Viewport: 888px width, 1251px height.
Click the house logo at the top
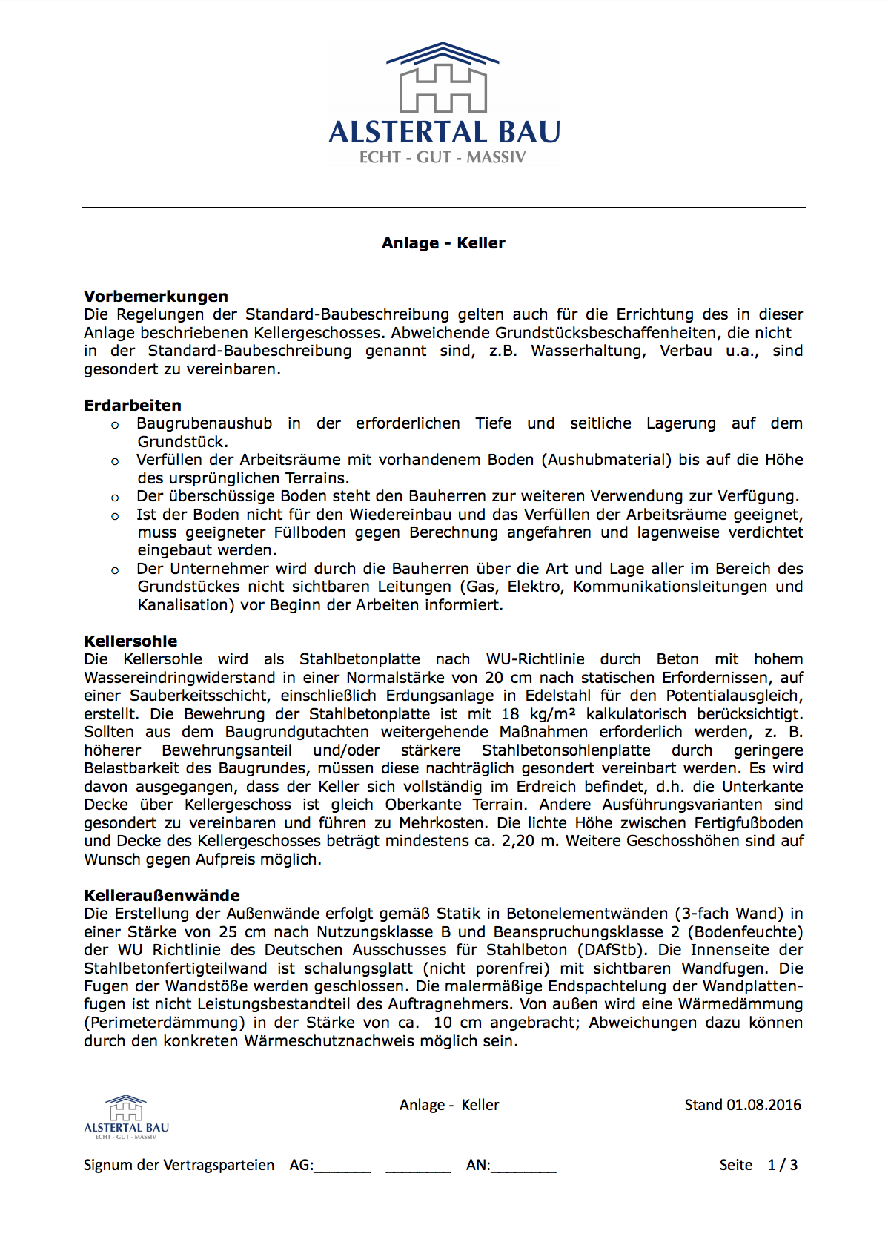(443, 78)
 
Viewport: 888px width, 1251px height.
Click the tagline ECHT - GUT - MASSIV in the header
(443, 157)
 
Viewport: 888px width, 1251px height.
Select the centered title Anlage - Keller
(443, 243)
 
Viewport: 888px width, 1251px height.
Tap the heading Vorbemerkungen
(156, 297)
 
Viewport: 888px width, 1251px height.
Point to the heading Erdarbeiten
(133, 406)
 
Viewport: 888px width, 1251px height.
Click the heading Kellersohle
(130, 641)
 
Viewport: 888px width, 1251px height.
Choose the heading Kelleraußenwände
(162, 896)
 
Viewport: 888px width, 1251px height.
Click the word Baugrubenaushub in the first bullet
(205, 423)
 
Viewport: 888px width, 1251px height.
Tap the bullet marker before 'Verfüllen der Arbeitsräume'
(115, 461)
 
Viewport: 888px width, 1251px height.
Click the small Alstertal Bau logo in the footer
(126, 1117)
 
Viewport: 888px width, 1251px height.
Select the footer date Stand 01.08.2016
(742, 1105)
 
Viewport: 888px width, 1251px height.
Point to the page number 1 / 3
(783, 1165)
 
